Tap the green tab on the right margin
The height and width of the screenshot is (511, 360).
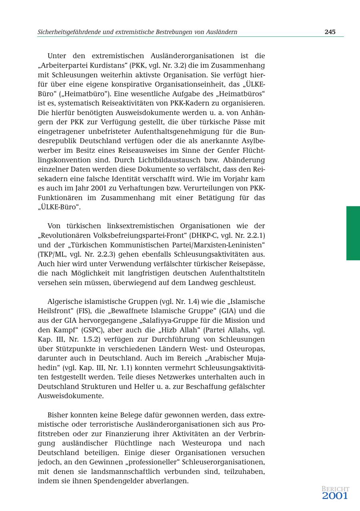(353, 233)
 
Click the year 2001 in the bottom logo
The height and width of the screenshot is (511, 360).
(335, 496)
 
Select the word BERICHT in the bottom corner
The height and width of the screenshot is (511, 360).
(335, 489)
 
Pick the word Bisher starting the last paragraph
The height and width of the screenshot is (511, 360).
(58, 415)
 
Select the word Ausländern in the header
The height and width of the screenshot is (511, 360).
(221, 32)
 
